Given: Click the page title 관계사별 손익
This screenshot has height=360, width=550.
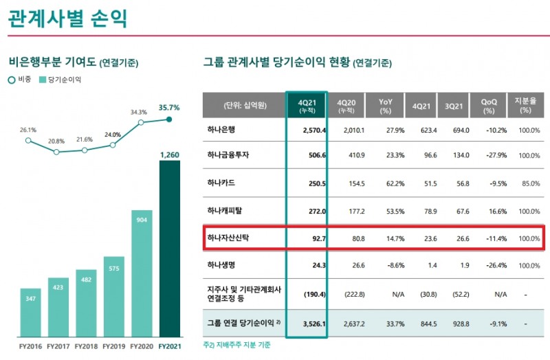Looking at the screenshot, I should click(x=67, y=17).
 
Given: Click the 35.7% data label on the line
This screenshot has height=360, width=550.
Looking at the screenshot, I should click(x=169, y=107).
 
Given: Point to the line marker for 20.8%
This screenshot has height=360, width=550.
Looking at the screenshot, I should click(x=56, y=152).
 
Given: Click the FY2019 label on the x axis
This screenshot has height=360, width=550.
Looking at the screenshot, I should click(x=113, y=346).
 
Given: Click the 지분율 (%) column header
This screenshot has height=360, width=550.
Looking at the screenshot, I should click(x=526, y=105).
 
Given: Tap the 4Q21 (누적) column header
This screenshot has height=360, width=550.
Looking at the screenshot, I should click(x=307, y=105).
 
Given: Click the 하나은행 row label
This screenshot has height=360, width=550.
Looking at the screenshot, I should click(x=221, y=130).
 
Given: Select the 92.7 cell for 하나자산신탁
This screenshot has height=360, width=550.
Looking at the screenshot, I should click(x=317, y=238).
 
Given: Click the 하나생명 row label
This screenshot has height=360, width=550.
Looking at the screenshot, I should click(x=221, y=265).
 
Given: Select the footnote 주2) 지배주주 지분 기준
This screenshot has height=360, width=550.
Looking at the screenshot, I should click(x=236, y=344).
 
